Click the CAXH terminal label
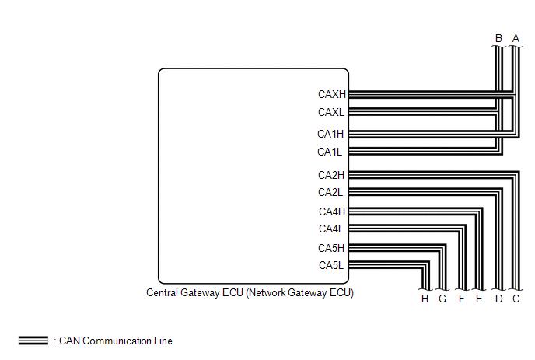click(331, 94)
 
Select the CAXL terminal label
click(331, 112)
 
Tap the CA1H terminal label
click(330, 134)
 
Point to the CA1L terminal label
click(330, 152)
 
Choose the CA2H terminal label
click(331, 175)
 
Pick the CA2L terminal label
click(330, 192)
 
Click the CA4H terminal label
click(332, 211)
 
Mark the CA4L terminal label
click(331, 229)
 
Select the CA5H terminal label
click(331, 248)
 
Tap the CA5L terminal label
click(331, 265)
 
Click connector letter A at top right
click(516, 38)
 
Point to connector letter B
click(498, 38)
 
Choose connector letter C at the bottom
click(516, 299)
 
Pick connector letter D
click(498, 299)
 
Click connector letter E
click(479, 299)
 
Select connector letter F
click(462, 299)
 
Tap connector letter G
click(442, 299)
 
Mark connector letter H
click(425, 299)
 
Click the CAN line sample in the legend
click(33, 341)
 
